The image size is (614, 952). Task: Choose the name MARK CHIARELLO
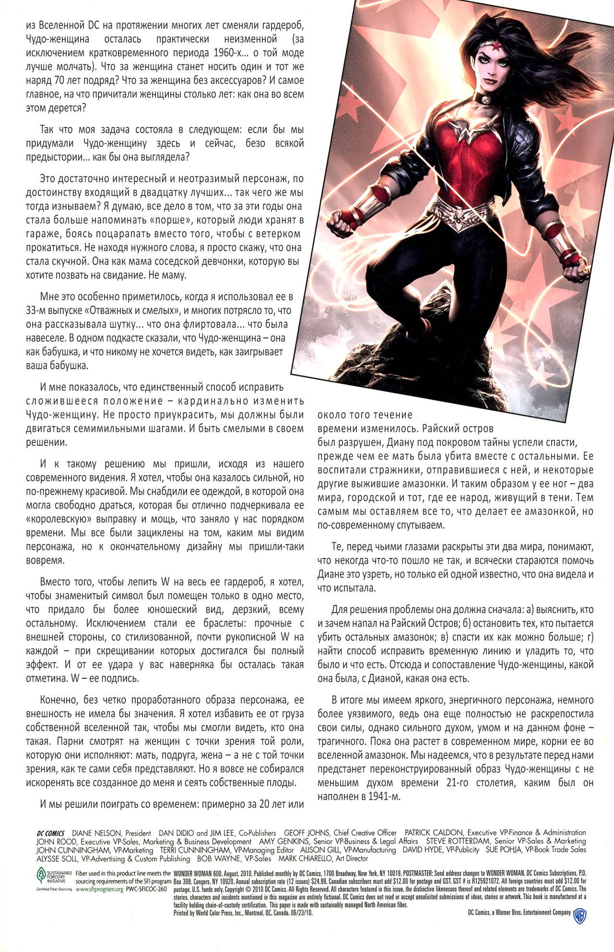(x=305, y=859)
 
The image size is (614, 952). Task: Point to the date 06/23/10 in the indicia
(x=303, y=914)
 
